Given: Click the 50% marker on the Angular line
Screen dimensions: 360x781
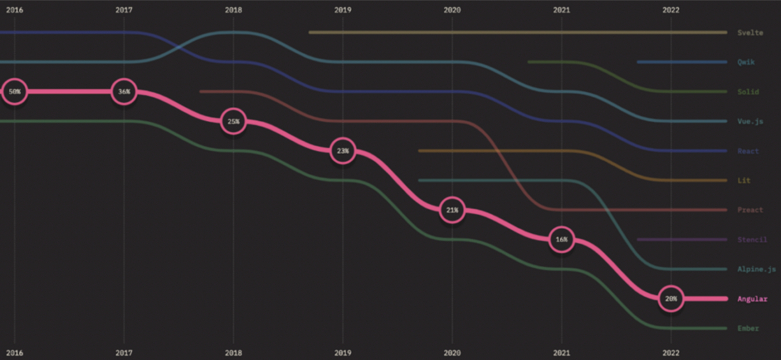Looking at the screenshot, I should [15, 92].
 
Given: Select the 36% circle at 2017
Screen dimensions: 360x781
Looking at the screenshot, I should [124, 92].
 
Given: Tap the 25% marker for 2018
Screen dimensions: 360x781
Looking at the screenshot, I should [233, 122].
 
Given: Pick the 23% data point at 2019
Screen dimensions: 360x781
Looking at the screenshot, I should [343, 151].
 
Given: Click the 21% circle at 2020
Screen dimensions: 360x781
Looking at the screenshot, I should [452, 210].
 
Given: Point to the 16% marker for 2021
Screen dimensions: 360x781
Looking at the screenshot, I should [561, 239].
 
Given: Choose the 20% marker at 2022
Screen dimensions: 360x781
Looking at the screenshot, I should [671, 299].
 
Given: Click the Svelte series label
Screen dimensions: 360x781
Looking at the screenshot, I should [750, 33].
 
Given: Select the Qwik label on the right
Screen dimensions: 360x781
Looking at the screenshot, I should [746, 62].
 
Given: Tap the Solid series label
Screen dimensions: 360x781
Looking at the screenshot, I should [748, 92].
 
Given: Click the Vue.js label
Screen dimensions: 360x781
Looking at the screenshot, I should [750, 122].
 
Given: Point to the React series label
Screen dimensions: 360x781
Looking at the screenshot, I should [748, 151].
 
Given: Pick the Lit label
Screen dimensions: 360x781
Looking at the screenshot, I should [744, 181].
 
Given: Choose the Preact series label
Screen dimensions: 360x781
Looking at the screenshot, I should [750, 210].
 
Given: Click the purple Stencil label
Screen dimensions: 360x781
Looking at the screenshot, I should [752, 239].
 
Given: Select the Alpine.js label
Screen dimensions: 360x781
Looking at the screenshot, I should [757, 269].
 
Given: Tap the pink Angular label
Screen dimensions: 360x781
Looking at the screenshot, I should [752, 299].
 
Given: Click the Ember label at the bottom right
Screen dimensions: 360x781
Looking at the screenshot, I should [748, 328].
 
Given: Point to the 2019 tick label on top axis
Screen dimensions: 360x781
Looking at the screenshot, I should [343, 10].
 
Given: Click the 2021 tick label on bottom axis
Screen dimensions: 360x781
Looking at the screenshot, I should [561, 353].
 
